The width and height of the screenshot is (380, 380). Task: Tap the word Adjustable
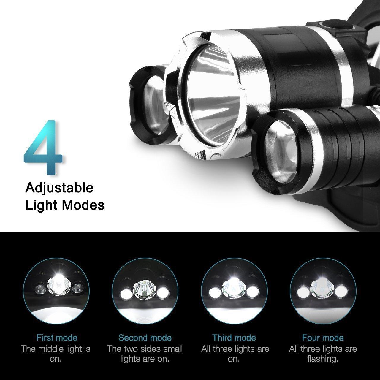(59, 189)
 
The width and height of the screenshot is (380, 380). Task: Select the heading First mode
(57, 338)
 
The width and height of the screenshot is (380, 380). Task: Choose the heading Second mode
(145, 338)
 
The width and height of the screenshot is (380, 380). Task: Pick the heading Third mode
(234, 338)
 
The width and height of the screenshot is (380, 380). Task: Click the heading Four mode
(323, 338)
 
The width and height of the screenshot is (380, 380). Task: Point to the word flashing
(323, 359)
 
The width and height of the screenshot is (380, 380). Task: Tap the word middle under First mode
(49, 349)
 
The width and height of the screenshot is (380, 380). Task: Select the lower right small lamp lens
(282, 153)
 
